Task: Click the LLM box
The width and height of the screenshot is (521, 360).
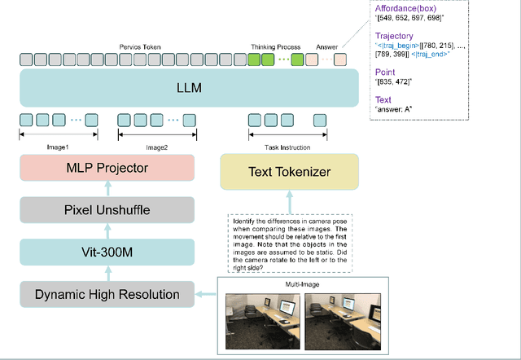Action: click(188, 87)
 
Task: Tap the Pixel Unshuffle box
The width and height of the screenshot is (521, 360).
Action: click(107, 210)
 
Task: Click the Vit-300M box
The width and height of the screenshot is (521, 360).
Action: click(107, 252)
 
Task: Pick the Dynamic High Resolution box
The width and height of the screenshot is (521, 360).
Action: click(107, 293)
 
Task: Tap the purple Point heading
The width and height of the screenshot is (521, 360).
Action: click(385, 72)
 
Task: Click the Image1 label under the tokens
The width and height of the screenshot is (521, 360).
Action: click(57, 147)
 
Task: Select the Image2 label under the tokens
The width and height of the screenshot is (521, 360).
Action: click(156, 147)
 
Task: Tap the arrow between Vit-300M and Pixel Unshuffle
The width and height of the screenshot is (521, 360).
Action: click(107, 231)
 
